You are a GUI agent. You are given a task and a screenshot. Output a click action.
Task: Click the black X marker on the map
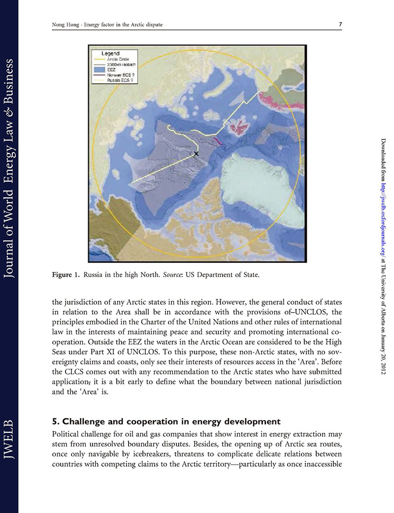pyautogui.click(x=196, y=154)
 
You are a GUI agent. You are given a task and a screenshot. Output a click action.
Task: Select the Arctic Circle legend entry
pyautogui.click(x=118, y=59)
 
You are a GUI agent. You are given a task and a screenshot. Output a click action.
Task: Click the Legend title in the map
pyautogui.click(x=111, y=53)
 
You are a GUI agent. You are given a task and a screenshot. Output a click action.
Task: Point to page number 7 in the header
pyautogui.click(x=340, y=25)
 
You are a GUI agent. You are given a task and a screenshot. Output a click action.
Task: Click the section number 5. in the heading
pyautogui.click(x=56, y=421)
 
